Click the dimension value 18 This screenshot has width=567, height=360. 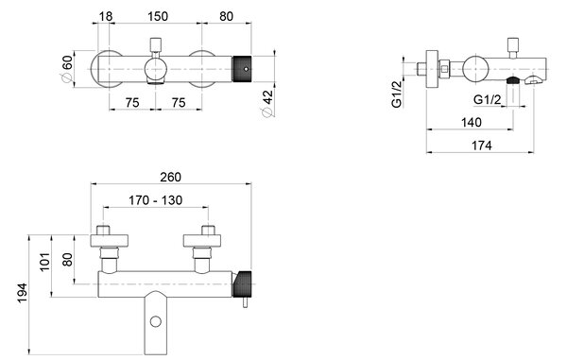tap(106, 16)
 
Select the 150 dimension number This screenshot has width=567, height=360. tap(158, 16)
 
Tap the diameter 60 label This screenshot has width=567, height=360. tap(67, 68)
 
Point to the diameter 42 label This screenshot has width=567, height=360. tap(268, 103)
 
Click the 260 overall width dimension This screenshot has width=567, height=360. tap(170, 177)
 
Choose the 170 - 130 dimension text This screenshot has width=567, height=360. tap(156, 200)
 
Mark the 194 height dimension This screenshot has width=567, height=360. tap(23, 293)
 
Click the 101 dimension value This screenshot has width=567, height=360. tap(44, 262)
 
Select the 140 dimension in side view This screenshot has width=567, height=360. tap(472, 122)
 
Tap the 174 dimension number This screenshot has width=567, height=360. tap(482, 146)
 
